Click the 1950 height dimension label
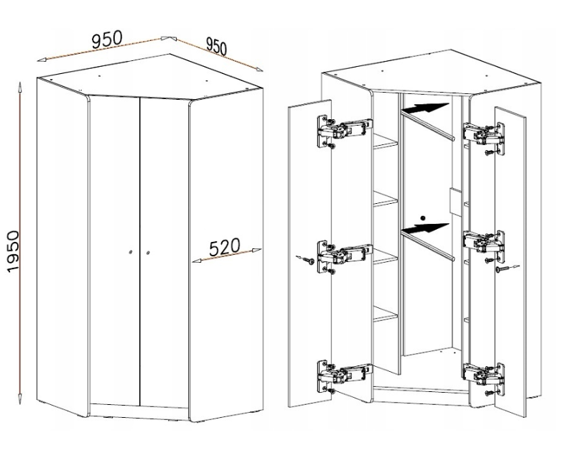13,251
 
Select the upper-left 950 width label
107,39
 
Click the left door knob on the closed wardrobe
131,252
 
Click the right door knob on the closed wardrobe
148,253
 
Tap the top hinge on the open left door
344,131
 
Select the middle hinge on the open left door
344,257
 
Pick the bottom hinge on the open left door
344,376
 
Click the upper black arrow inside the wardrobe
425,108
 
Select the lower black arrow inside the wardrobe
425,228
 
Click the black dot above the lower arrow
422,218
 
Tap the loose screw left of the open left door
305,259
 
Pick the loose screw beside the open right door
507,268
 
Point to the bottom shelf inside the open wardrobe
386,313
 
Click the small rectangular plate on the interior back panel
455,201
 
